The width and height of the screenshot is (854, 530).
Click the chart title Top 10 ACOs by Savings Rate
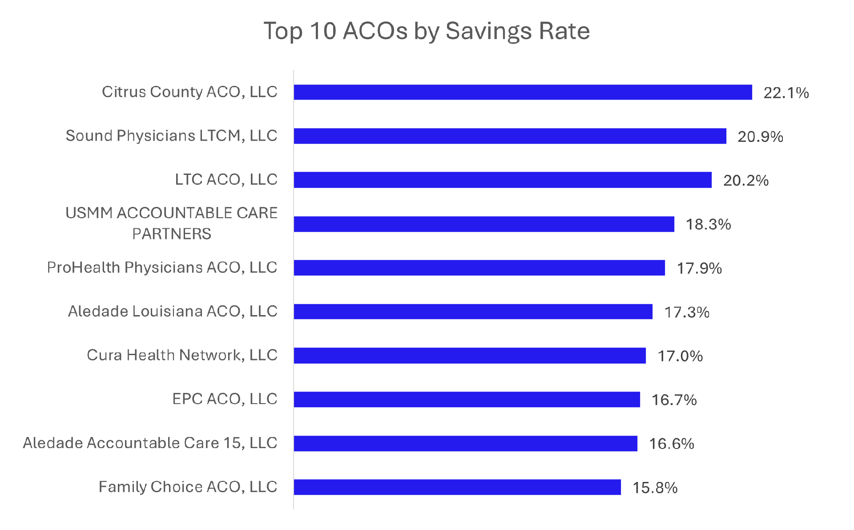coord(427,31)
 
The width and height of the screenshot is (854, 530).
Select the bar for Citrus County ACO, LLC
coord(523,92)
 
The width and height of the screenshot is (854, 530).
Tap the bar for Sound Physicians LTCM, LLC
coord(510,136)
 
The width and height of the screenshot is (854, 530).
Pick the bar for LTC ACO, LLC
coord(503,180)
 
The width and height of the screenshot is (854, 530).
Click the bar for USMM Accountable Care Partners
coord(484,224)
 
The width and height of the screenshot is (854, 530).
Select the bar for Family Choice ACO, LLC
coord(457,487)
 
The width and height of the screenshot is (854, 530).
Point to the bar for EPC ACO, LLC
coord(467,399)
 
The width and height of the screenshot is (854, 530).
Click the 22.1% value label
coord(786,93)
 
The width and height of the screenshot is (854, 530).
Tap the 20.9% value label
coord(760,137)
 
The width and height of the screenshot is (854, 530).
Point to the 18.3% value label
coord(708,224)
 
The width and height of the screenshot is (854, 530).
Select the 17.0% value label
coord(680,356)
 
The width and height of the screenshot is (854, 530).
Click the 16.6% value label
coord(672,444)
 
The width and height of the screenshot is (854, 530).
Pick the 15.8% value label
coord(655,488)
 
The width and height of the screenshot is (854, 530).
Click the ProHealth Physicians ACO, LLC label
coord(162,267)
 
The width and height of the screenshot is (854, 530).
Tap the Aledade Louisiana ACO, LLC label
coord(173,311)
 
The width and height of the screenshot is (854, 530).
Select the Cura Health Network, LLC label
coord(182,355)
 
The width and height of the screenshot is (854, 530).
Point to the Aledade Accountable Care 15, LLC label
coord(150,443)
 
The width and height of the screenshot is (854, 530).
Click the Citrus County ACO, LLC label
coord(189,92)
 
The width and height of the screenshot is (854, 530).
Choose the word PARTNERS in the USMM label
coord(172,234)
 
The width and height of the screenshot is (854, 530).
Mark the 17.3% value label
coord(687,312)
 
